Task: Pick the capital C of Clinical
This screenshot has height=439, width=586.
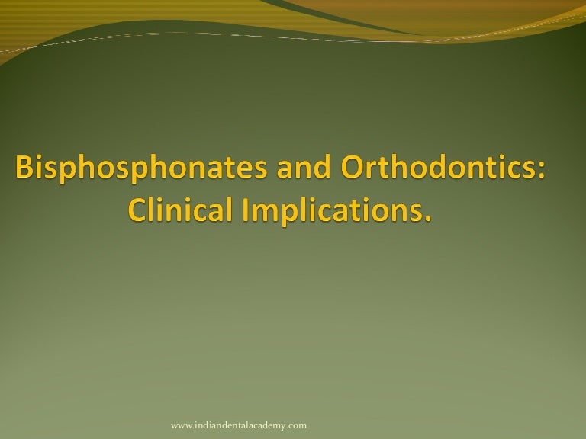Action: tap(134, 209)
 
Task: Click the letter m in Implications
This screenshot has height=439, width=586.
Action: tap(265, 211)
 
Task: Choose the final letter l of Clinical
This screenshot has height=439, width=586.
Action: tap(230, 208)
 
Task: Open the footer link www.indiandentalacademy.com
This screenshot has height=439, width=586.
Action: tap(238, 425)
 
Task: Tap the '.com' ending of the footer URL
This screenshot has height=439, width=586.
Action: tap(296, 425)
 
